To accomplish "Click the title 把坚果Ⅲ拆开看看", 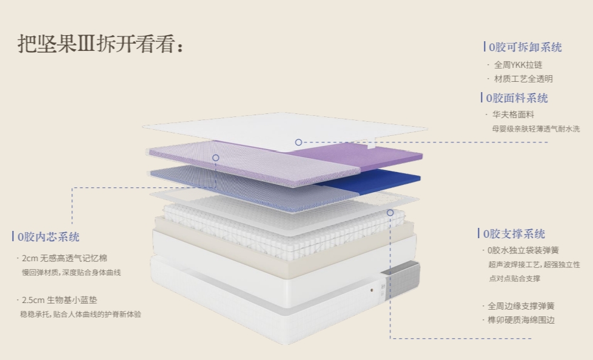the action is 100,44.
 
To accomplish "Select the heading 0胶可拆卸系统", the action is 525,47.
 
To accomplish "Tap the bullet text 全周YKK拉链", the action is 518,65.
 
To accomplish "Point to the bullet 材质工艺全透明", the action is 523,79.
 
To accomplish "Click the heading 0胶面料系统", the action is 518,98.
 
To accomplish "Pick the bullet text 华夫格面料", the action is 513,115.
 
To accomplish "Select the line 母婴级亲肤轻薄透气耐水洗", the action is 535,128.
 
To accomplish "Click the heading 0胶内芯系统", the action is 49,237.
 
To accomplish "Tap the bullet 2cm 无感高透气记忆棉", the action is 65,258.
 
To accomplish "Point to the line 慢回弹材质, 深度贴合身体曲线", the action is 71,273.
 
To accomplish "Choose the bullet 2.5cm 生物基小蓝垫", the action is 65,300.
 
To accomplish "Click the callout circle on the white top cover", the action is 298,142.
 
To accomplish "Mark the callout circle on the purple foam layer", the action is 215,158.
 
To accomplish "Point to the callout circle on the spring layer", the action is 390,213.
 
